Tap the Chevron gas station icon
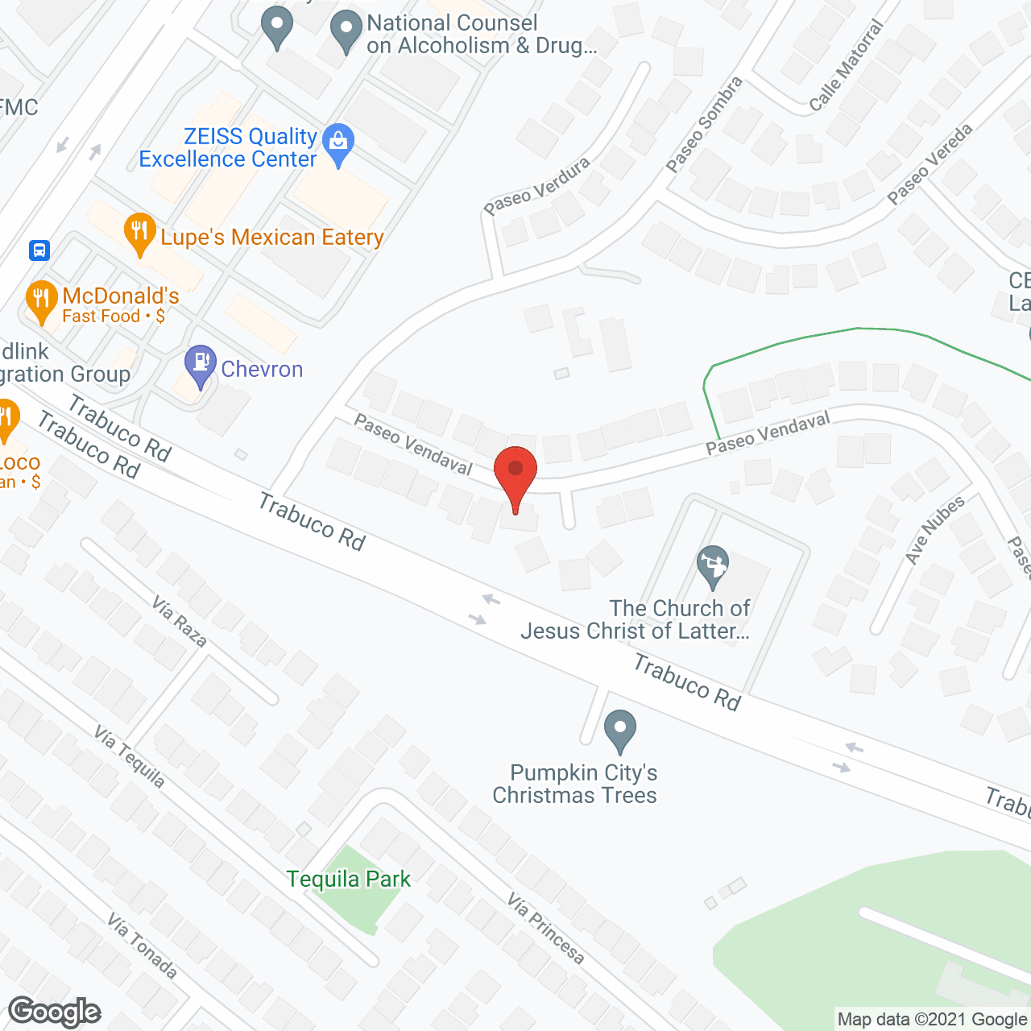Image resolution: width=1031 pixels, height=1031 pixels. [200, 366]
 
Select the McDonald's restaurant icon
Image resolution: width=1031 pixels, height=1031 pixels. [40, 300]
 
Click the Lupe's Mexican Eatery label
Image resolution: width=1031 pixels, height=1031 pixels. [271, 238]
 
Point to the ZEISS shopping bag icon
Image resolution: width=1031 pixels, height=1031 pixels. [338, 144]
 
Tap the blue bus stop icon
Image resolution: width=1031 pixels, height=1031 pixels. [39, 251]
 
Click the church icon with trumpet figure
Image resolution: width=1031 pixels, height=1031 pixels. [713, 566]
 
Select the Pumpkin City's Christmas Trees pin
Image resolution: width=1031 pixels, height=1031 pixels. [619, 730]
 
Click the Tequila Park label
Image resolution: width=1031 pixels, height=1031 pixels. [348, 879]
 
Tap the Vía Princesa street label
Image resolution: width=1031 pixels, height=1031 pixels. [545, 928]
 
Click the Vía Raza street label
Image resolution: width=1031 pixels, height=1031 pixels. [180, 621]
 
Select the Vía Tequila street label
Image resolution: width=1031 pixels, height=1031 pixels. [130, 757]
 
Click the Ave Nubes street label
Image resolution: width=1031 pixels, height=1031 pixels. [934, 530]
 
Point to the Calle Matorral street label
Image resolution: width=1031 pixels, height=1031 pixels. [846, 65]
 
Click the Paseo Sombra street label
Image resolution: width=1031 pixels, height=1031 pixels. [704, 125]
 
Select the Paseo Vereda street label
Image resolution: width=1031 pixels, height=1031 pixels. [930, 164]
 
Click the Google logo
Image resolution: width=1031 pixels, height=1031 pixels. [55, 1012]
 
